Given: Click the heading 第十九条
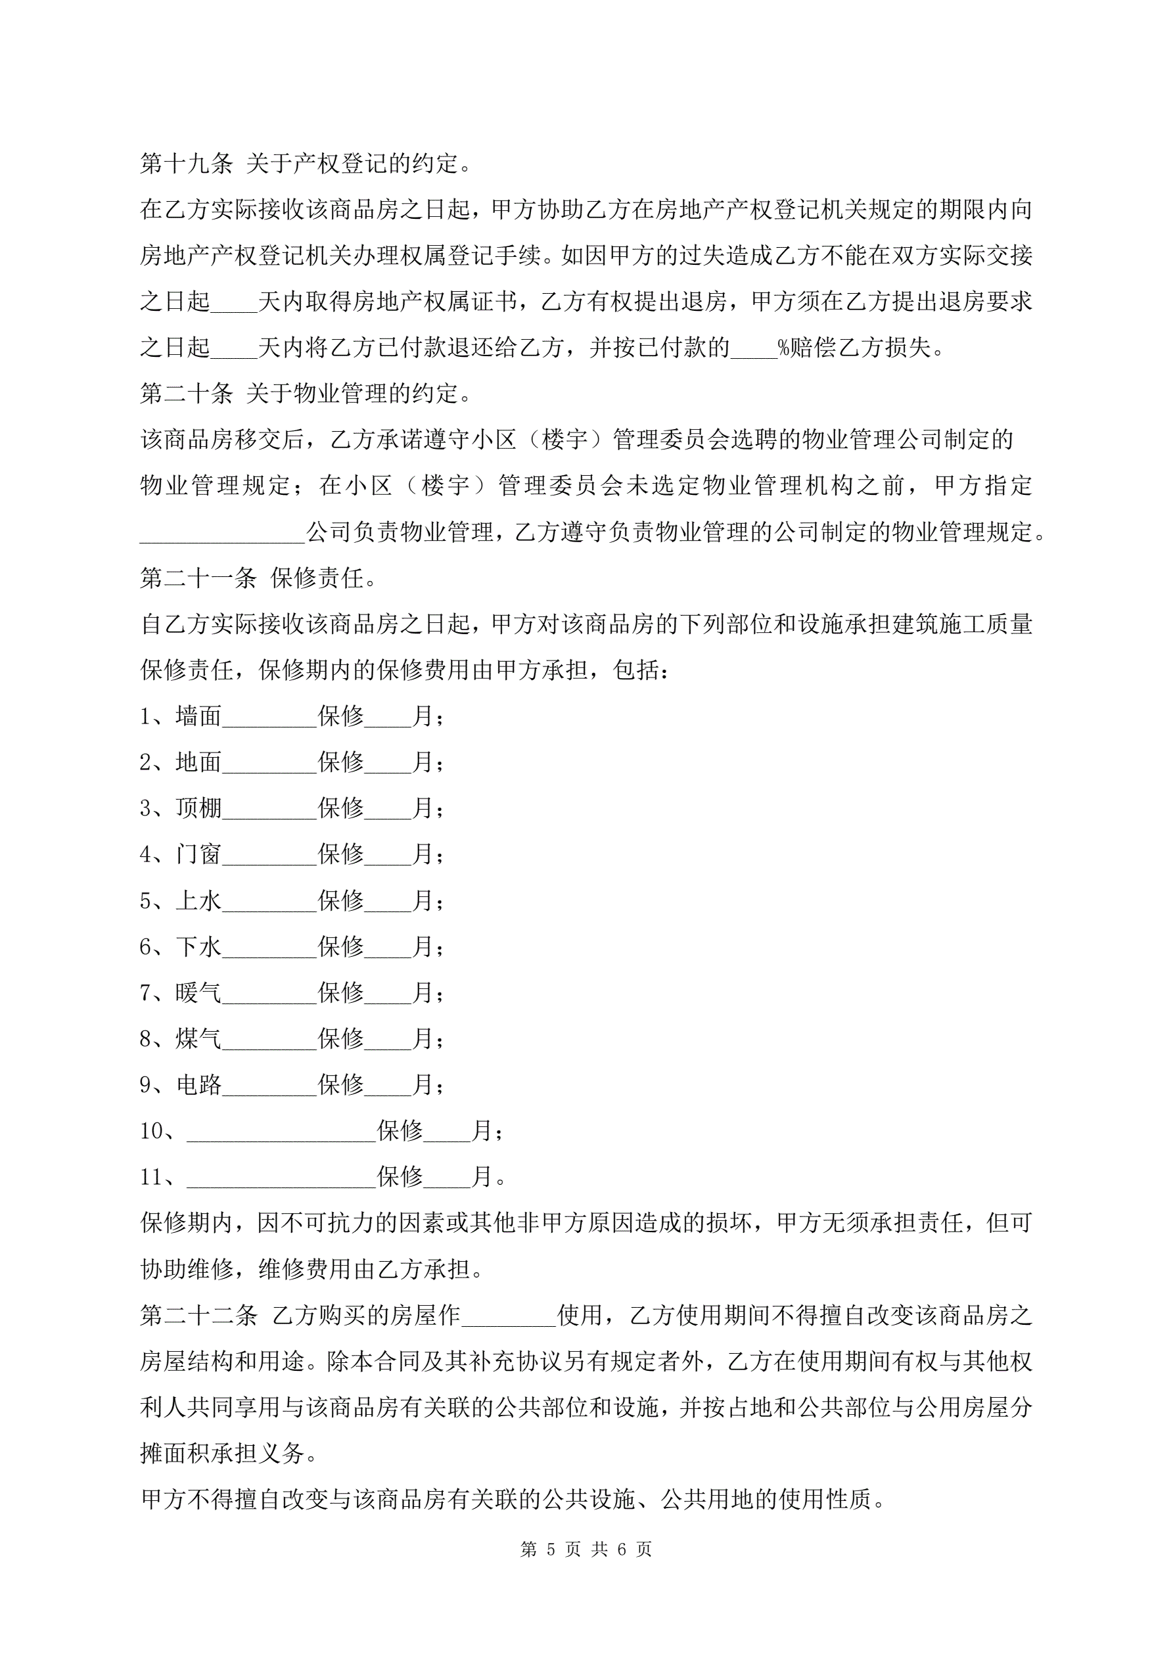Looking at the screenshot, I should click(x=187, y=164).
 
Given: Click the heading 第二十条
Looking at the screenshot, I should click(x=187, y=394).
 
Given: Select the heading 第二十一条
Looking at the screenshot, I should click(x=198, y=578).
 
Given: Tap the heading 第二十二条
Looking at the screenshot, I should click(x=198, y=1315).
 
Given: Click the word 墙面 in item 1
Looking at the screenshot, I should click(x=198, y=716).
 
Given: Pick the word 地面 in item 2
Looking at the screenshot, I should click(x=198, y=762).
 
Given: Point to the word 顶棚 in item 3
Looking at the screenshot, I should click(x=198, y=808).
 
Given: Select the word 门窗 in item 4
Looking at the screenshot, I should click(x=198, y=854).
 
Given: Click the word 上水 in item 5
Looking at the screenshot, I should click(x=198, y=900).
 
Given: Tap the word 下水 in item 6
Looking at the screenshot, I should click(x=198, y=947).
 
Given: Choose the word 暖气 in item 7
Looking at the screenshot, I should click(x=198, y=993).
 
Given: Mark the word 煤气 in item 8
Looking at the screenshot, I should click(x=198, y=1038).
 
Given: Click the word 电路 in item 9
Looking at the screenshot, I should click(x=198, y=1084).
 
